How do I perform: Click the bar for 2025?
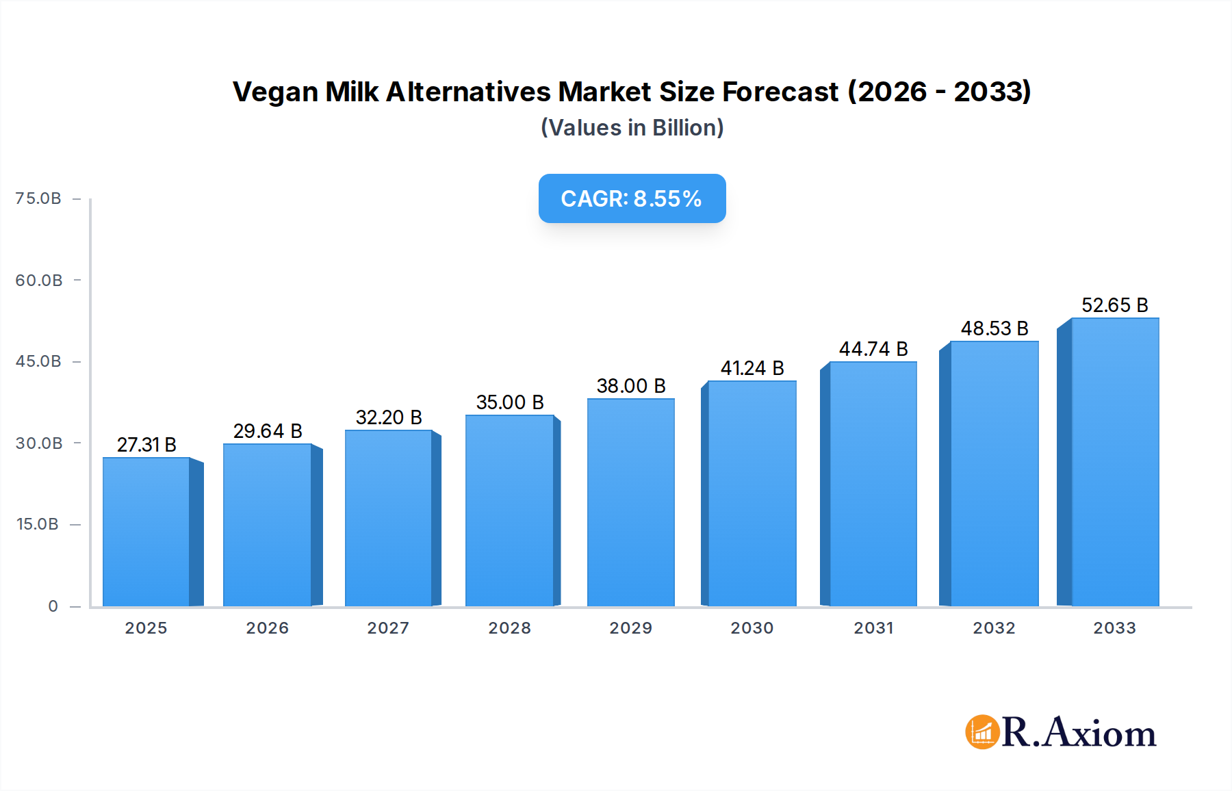pyautogui.click(x=146, y=532)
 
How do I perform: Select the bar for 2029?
pyautogui.click(x=631, y=502)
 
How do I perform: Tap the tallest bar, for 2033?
pyautogui.click(x=1115, y=462)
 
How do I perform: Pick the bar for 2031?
pyautogui.click(x=873, y=484)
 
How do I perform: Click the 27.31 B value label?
pyautogui.click(x=146, y=445)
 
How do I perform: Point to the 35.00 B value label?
pyautogui.click(x=510, y=402)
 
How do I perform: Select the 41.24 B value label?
pyautogui.click(x=752, y=368)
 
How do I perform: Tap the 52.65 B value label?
pyautogui.click(x=1114, y=305)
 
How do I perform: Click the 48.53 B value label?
pyautogui.click(x=994, y=328)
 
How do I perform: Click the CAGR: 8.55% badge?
pyautogui.click(x=632, y=198)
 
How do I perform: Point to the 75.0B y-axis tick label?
pyautogui.click(x=38, y=198)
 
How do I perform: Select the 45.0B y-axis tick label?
pyautogui.click(x=38, y=361)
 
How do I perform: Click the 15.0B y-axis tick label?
pyautogui.click(x=38, y=524)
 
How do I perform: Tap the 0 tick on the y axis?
pyautogui.click(x=53, y=606)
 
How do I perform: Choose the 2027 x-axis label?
pyautogui.click(x=388, y=628)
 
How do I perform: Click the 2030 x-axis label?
pyautogui.click(x=752, y=628)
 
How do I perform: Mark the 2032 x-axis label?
pyautogui.click(x=994, y=628)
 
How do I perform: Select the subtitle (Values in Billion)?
pyautogui.click(x=632, y=128)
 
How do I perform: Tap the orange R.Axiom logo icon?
pyautogui.click(x=982, y=732)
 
